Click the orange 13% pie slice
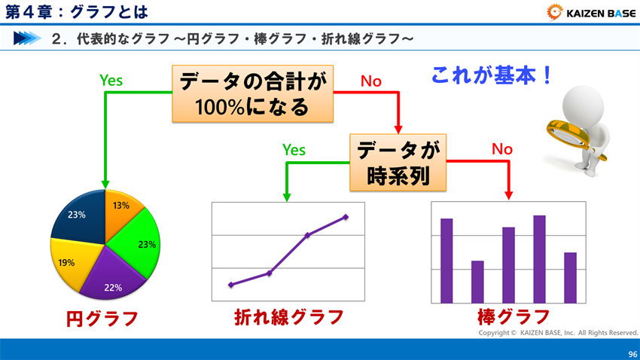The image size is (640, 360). pyautogui.click(x=120, y=210)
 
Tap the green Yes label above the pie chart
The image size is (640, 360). pyautogui.click(x=111, y=80)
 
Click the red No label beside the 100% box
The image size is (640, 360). pyautogui.click(x=371, y=81)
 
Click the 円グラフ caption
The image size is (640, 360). pyautogui.click(x=102, y=319)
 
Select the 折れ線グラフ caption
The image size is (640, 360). pyautogui.click(x=289, y=317)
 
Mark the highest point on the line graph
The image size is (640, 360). pyautogui.click(x=346, y=217)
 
